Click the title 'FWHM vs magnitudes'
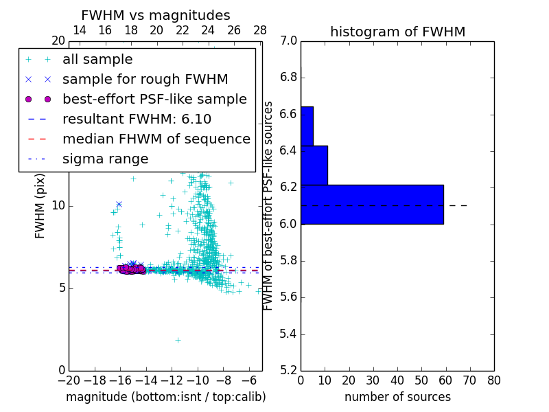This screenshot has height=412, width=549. pyautogui.click(x=155, y=15)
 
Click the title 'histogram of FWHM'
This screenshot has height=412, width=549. pyautogui.click(x=397, y=32)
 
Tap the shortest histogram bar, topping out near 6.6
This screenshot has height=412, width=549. pyautogui.click(x=307, y=126)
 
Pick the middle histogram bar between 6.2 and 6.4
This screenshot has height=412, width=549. pyautogui.click(x=314, y=165)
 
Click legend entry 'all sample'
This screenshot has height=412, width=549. pyautogui.click(x=97, y=59)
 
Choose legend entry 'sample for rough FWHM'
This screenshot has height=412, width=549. pyautogui.click(x=145, y=79)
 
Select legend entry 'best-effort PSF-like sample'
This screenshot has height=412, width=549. pyautogui.click(x=154, y=99)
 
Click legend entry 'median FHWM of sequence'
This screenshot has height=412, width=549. pyautogui.click(x=156, y=139)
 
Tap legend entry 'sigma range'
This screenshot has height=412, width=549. pyautogui.click(x=105, y=159)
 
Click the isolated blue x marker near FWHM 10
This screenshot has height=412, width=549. pyautogui.click(x=119, y=204)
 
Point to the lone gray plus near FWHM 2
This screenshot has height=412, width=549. pyautogui.click(x=178, y=340)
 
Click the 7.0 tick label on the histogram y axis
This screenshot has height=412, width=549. pyautogui.click(x=288, y=41)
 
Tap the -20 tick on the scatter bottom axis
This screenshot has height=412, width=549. pyautogui.click(x=69, y=380)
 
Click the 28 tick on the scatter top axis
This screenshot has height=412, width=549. pyautogui.click(x=260, y=30)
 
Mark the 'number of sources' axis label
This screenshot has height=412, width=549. pyautogui.click(x=397, y=397)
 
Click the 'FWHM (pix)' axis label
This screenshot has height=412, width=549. pyautogui.click(x=40, y=206)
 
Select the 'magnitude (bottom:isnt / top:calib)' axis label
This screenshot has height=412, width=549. pyautogui.click(x=165, y=397)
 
